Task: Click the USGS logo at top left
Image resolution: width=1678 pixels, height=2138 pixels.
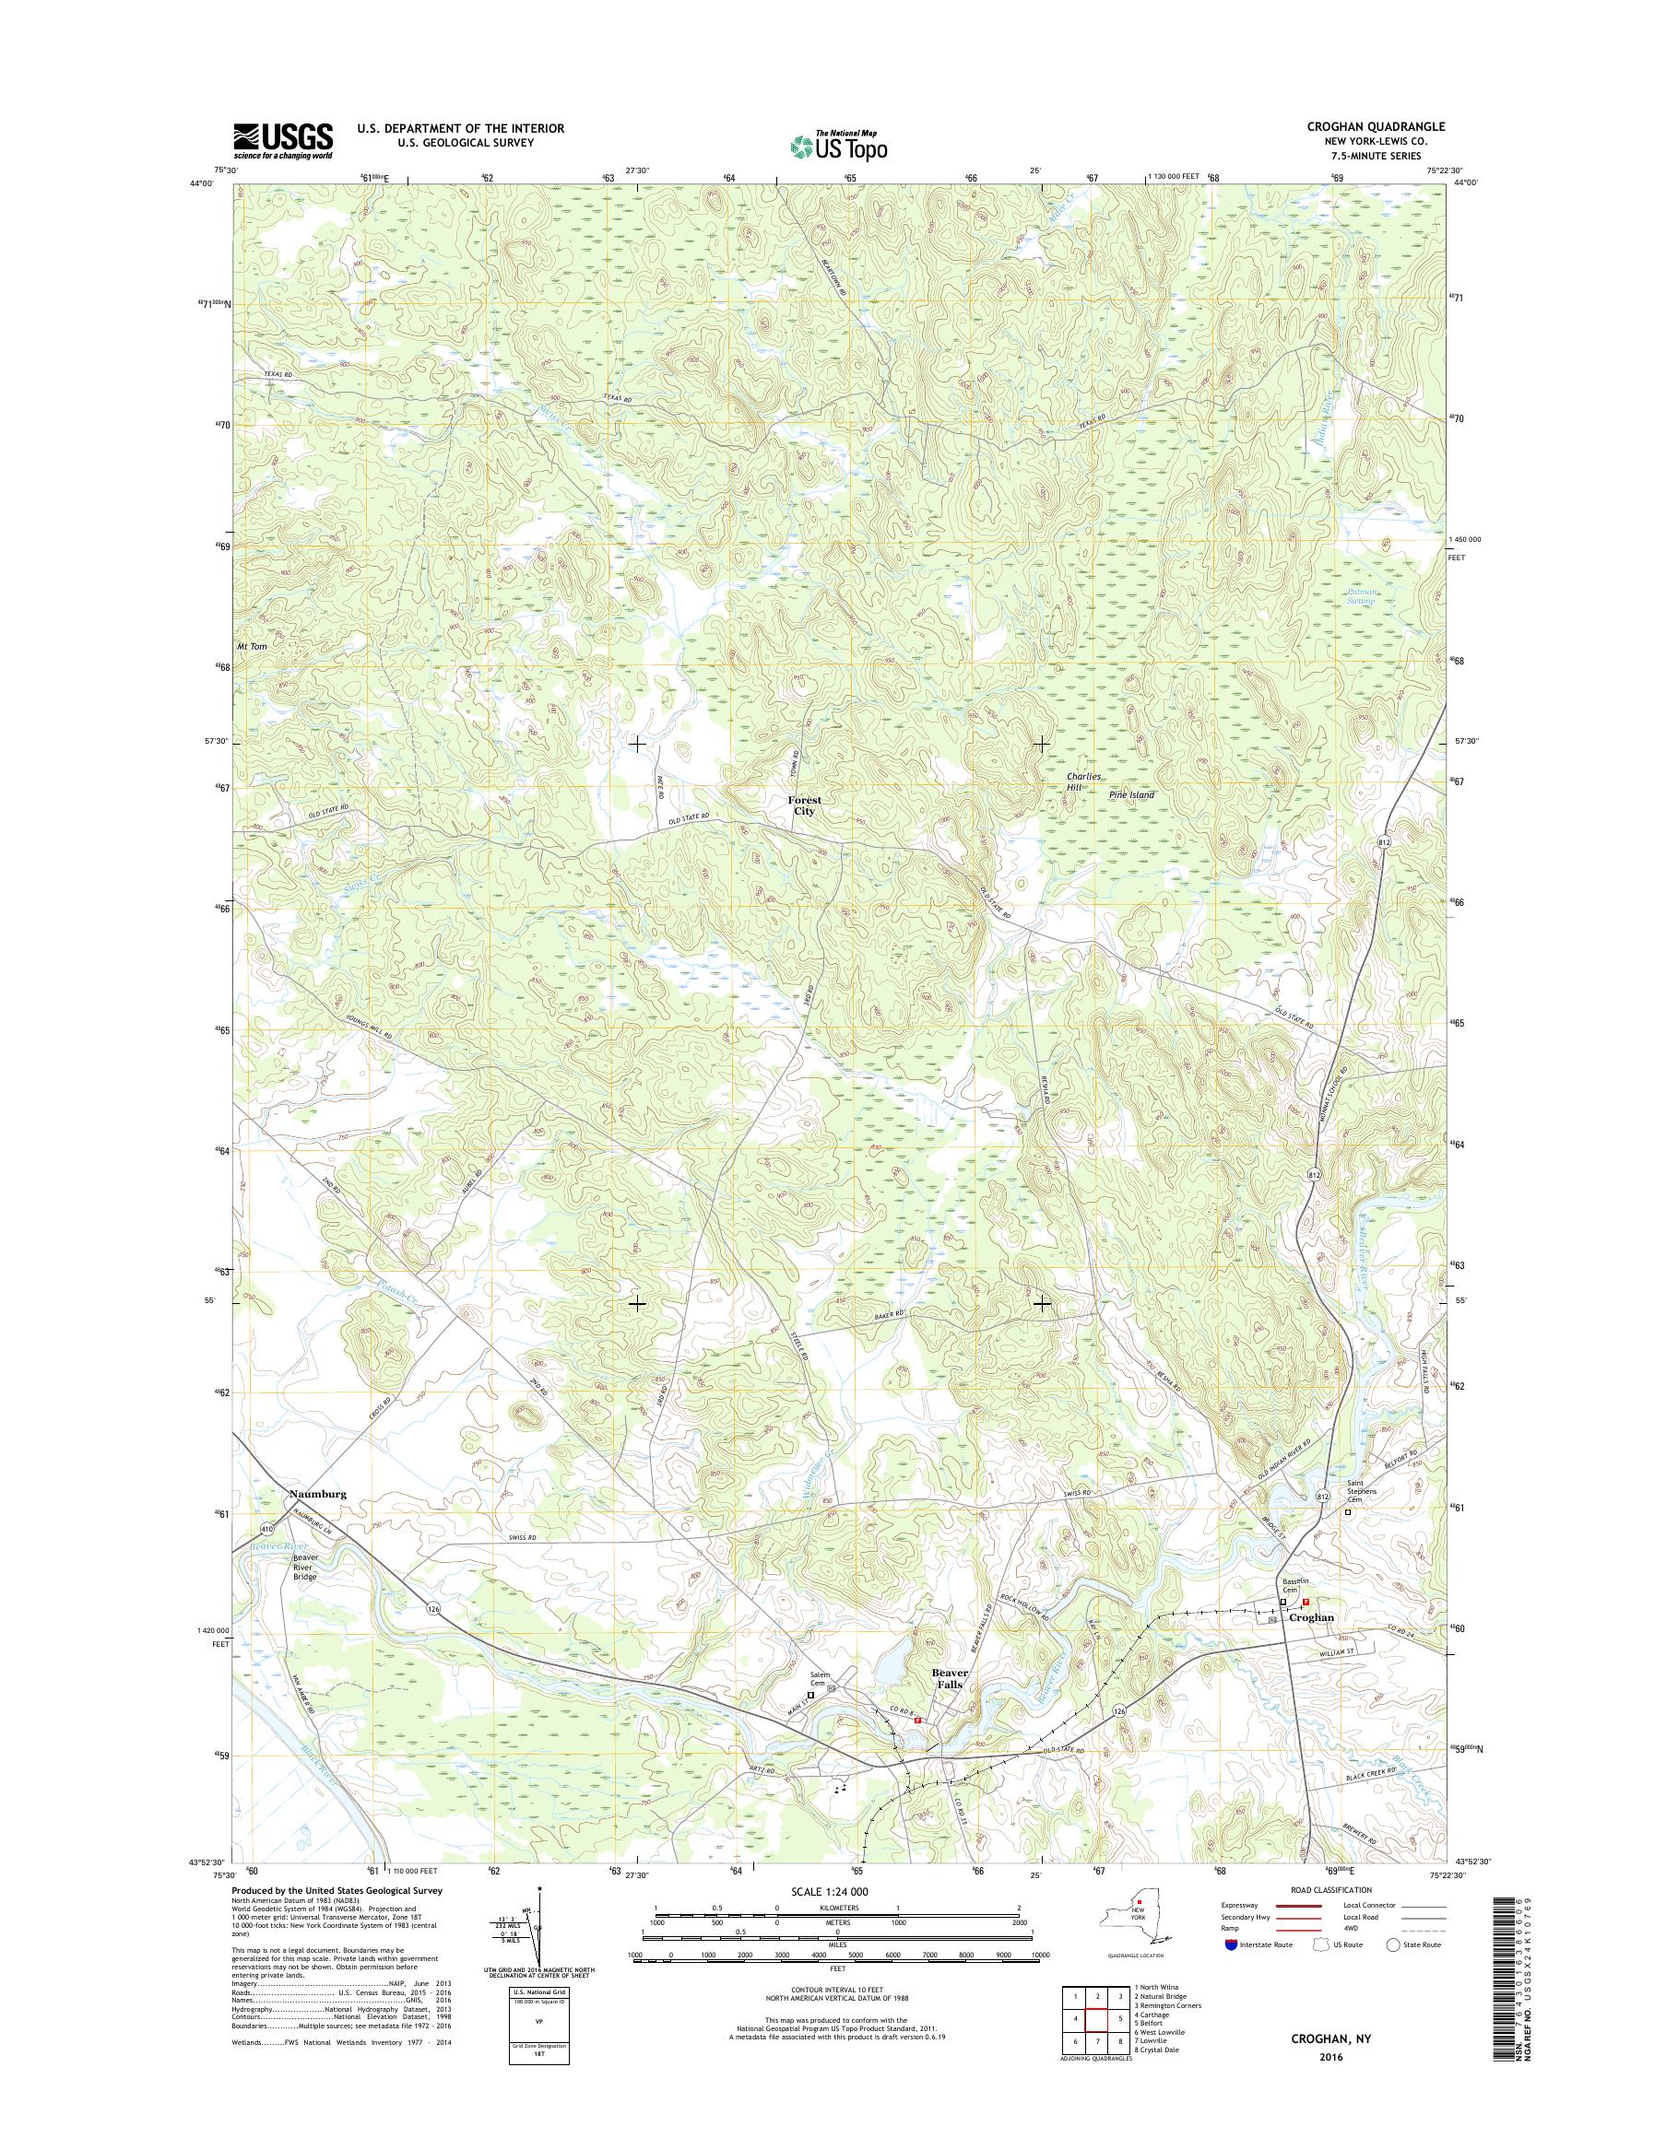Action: [282, 140]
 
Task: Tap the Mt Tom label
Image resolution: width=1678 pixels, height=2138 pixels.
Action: [252, 647]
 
